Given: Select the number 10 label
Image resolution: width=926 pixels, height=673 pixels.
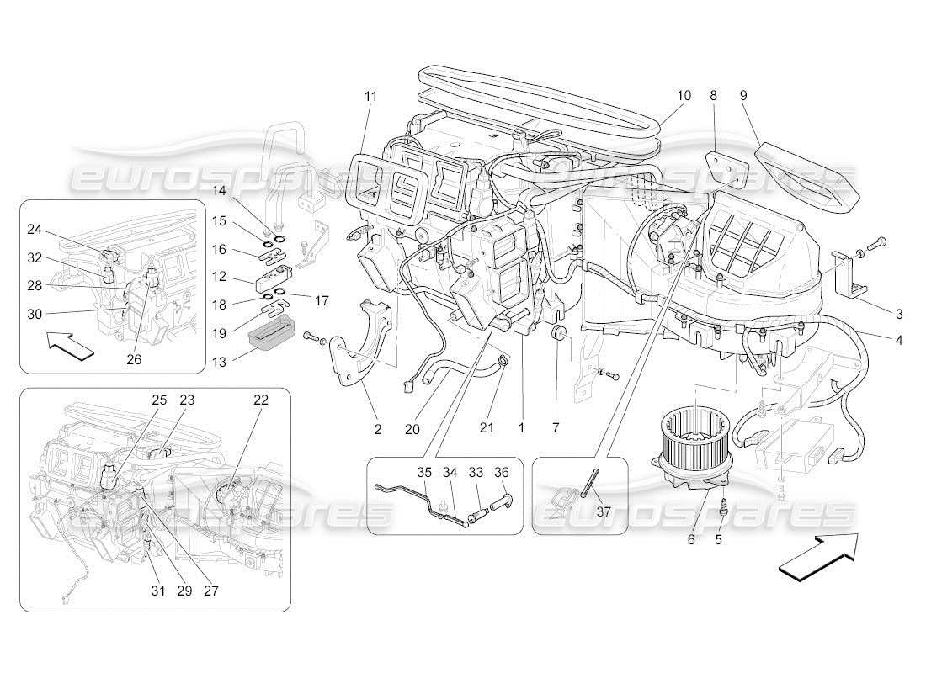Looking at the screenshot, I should pyautogui.click(x=683, y=96).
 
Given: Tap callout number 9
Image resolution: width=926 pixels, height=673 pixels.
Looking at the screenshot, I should pyautogui.click(x=742, y=96).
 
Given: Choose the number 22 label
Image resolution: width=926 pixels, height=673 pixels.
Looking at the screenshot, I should pyautogui.click(x=261, y=400).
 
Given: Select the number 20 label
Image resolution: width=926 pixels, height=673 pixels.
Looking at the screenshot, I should pyautogui.click(x=412, y=429).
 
